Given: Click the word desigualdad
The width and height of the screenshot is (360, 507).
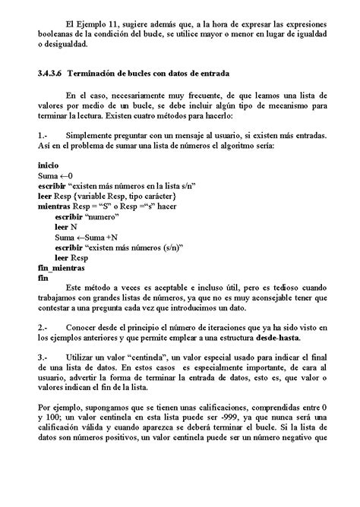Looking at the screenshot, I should pos(66,45).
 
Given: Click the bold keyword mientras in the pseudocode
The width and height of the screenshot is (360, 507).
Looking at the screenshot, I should pos(55,206).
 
